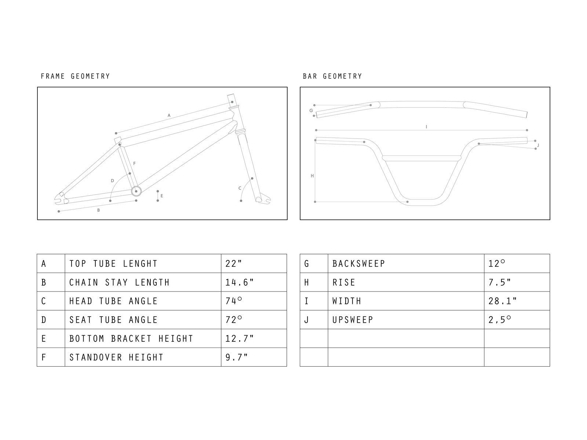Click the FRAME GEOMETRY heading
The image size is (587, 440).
pos(75,76)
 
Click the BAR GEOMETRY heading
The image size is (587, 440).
pos(332,76)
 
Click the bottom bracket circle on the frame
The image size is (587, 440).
pos(136,191)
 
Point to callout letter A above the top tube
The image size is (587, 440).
pos(169,115)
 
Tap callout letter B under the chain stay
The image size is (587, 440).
pos(98,210)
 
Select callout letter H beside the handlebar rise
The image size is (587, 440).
pos(312,176)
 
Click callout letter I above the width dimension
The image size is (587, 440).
pos(426,127)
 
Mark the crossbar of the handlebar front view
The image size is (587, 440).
pos(422,158)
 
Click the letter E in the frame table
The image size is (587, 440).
pos(44,338)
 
